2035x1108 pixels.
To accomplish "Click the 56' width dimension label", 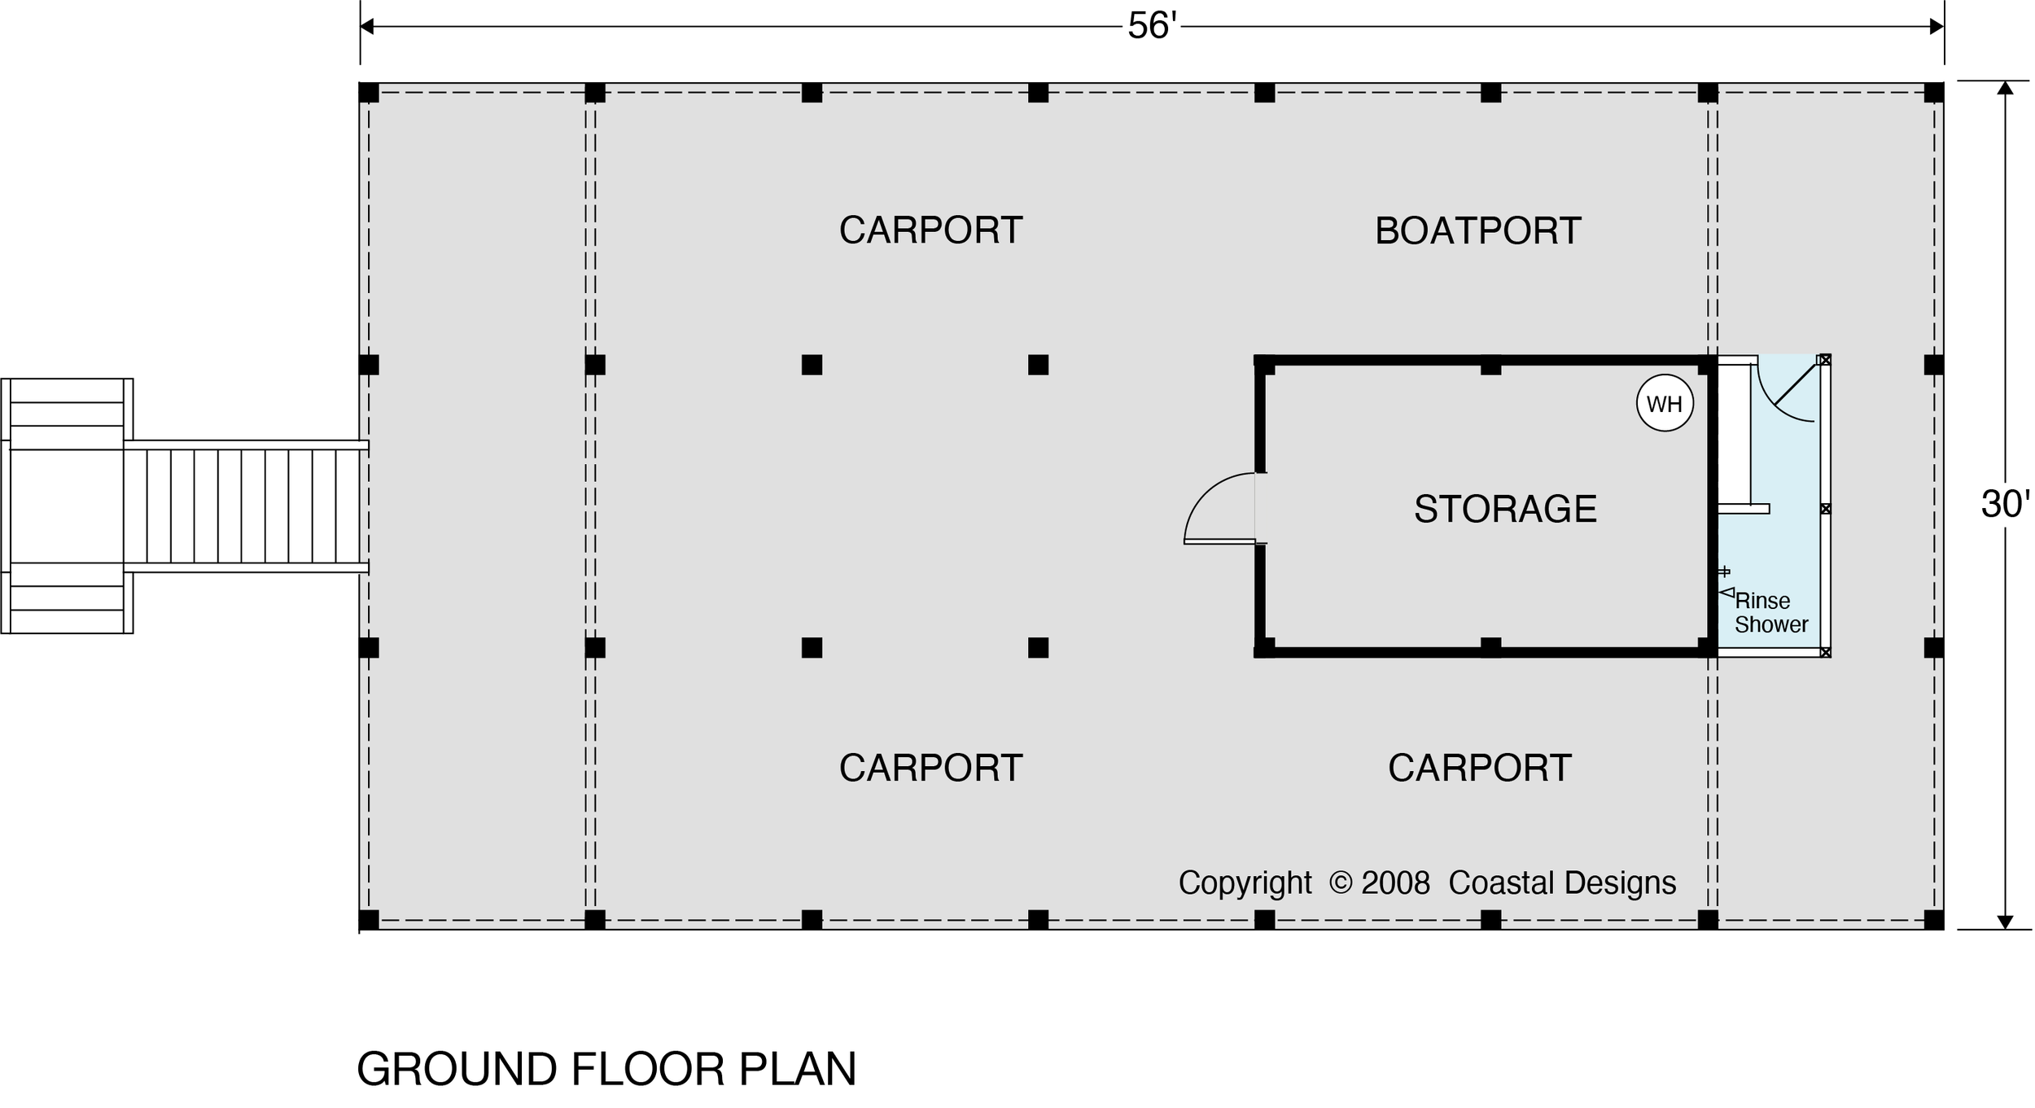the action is (1152, 27).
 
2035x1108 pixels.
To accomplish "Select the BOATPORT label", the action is (1478, 231).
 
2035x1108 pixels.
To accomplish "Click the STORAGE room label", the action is (1505, 510).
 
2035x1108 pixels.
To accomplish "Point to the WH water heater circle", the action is (1665, 403).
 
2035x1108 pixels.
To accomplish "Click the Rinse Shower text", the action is (1770, 613).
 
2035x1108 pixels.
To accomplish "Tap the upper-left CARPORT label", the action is (930, 230).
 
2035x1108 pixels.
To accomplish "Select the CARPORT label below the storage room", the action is (1479, 768).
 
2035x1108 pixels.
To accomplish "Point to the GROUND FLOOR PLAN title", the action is (606, 1069).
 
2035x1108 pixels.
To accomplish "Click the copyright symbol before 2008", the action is (1340, 882).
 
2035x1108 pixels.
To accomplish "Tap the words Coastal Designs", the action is (1562, 882).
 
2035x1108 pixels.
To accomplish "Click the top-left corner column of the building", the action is (369, 92).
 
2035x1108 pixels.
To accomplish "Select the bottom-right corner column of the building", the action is (1934, 920).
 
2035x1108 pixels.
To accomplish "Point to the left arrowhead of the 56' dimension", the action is (367, 27).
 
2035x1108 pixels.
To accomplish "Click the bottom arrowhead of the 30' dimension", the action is (2005, 922).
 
